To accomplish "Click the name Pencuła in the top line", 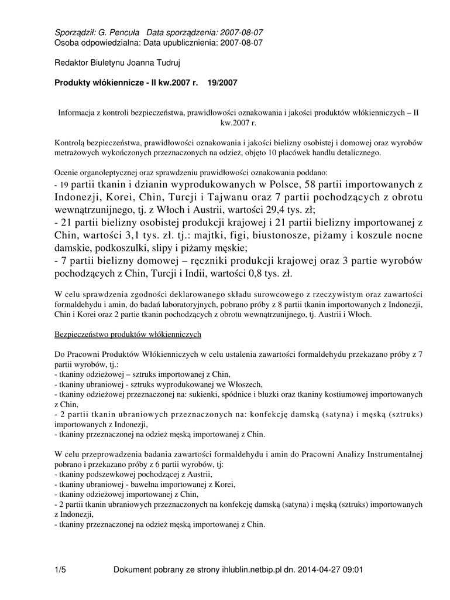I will (123, 33).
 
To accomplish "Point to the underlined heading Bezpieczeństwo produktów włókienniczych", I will (128, 334).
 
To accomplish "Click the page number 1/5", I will (60, 569).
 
